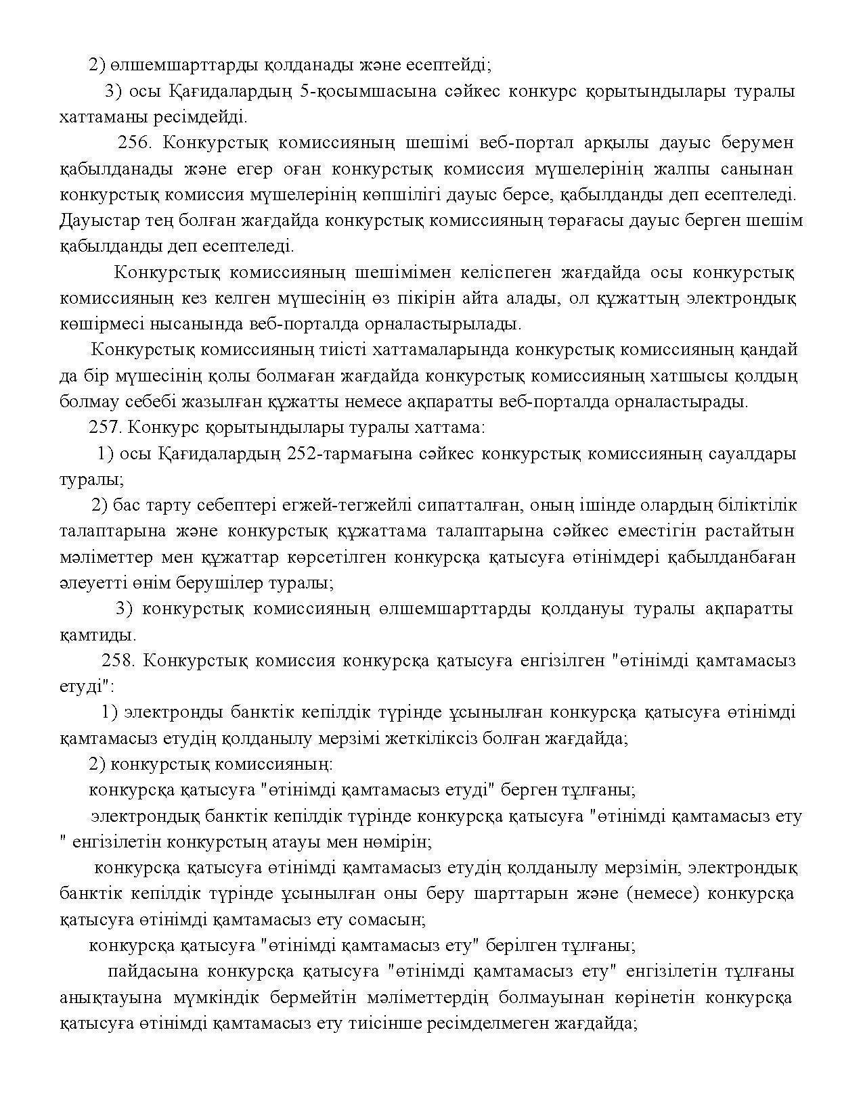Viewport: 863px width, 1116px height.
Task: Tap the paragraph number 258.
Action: tap(118, 660)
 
